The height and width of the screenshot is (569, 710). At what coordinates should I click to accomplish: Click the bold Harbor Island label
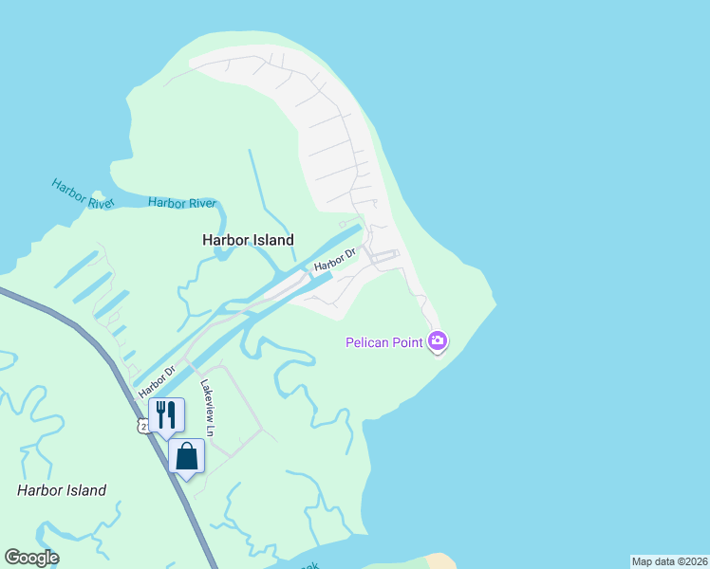[248, 240]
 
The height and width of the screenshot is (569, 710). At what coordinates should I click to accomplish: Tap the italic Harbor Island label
[62, 490]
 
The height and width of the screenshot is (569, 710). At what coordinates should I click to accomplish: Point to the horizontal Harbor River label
[182, 203]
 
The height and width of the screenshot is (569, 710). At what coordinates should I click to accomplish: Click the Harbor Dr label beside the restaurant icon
[157, 381]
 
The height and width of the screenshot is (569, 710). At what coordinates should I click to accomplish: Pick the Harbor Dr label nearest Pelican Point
[335, 259]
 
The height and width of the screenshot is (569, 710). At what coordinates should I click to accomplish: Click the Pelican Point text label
[383, 342]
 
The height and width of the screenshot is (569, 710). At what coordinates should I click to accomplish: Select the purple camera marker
[438, 340]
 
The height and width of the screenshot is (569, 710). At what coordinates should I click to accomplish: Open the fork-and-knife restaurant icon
[166, 413]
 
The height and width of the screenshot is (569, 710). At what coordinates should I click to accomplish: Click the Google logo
[31, 558]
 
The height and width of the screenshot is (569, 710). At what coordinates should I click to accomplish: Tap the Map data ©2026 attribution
[669, 561]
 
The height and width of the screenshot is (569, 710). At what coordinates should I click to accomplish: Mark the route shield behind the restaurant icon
[142, 428]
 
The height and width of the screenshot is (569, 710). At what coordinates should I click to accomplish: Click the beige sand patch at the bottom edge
[440, 561]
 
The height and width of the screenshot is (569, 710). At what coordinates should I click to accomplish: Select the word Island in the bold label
[272, 240]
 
